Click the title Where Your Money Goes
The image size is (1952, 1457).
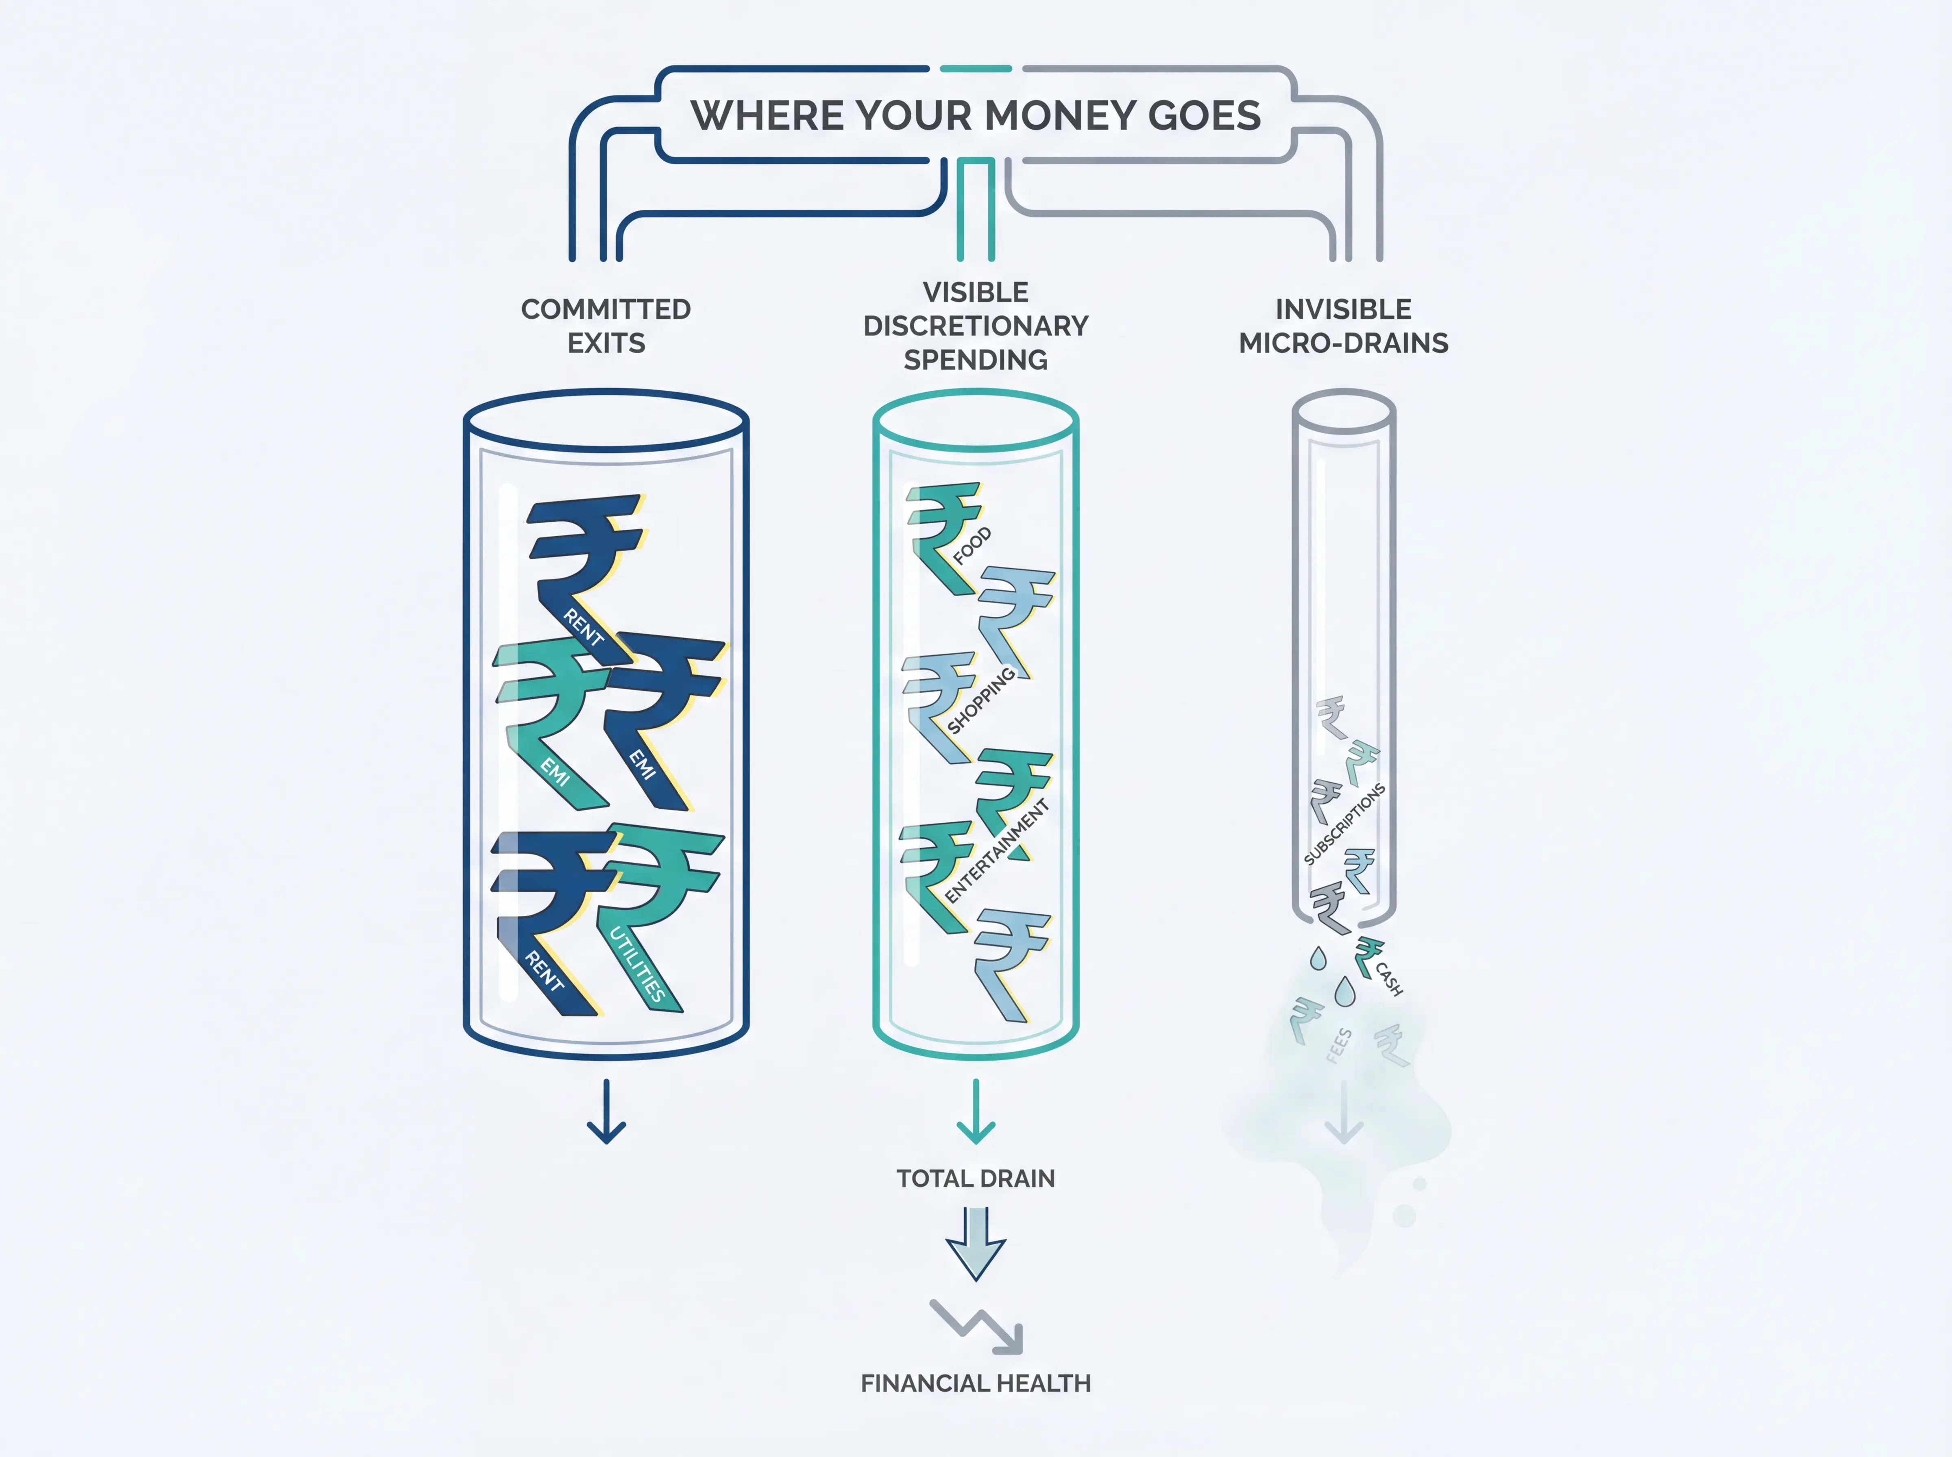[x=976, y=115]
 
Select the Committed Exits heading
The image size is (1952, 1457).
[x=606, y=326]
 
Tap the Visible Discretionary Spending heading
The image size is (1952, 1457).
[x=976, y=326]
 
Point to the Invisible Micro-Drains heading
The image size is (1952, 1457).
[x=1343, y=326]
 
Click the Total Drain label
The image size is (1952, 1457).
[x=976, y=1178]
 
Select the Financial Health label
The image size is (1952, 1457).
[x=976, y=1383]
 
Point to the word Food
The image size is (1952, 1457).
[x=972, y=546]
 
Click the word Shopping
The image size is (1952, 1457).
[x=981, y=701]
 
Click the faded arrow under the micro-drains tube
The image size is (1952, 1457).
[x=1343, y=1113]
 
